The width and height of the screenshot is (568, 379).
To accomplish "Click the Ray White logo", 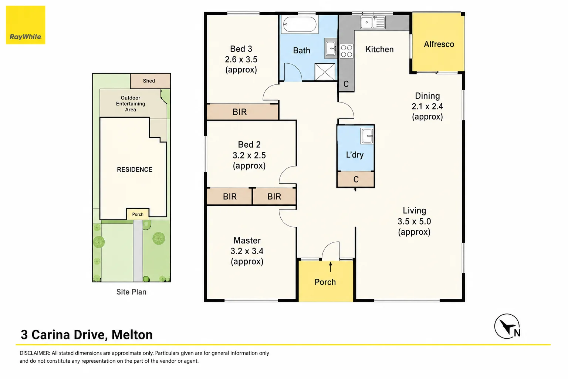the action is (26, 25).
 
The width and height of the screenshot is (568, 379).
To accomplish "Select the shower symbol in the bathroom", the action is (325, 72).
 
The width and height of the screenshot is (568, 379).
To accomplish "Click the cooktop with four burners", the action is (346, 51).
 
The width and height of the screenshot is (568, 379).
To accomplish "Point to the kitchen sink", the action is (373, 22).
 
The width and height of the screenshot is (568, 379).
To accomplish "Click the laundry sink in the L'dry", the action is (367, 136).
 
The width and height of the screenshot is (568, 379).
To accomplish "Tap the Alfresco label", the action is (439, 44).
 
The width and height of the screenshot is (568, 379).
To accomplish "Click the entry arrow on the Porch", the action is (330, 266).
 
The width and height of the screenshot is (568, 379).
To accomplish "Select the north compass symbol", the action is (507, 326).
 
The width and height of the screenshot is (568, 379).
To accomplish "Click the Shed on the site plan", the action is (151, 81).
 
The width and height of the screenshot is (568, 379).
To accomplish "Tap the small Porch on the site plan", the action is (138, 214).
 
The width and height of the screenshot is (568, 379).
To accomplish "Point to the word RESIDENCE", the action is (135, 170).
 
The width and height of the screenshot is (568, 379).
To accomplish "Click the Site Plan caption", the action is (131, 292).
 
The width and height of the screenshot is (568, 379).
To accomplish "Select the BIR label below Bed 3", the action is (240, 112).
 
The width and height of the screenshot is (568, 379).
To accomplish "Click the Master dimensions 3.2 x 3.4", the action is (247, 251).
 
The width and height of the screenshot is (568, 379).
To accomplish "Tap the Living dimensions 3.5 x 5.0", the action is (414, 221).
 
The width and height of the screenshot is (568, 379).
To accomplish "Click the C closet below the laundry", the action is (355, 179).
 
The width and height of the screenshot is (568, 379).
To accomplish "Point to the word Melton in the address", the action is (132, 335).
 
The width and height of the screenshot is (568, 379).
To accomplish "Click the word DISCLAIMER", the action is (35, 353).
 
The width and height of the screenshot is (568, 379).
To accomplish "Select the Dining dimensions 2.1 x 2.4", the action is (427, 106).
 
